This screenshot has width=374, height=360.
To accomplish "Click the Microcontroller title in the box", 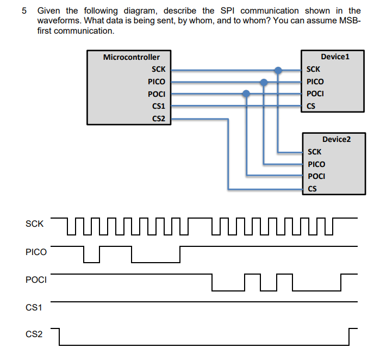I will click(131, 57).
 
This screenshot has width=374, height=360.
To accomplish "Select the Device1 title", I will click(335, 57).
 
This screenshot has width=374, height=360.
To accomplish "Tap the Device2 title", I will click(336, 139).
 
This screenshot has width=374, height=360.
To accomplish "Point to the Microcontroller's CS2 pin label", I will click(159, 119).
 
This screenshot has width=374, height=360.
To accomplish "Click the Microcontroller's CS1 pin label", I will click(159, 106).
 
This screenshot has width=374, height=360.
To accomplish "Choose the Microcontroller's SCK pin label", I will click(159, 70).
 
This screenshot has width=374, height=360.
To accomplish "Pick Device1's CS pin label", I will click(311, 106).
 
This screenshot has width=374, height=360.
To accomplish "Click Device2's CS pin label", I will click(312, 189).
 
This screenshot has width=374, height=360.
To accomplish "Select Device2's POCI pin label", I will click(316, 176).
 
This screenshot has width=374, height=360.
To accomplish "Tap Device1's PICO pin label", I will click(315, 82).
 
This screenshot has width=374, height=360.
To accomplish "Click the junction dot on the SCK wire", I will click(278, 70).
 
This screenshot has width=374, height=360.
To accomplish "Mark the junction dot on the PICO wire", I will click(264, 82).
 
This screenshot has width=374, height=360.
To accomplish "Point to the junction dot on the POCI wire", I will click(246, 94).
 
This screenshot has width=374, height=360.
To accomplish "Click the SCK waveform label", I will click(34, 224).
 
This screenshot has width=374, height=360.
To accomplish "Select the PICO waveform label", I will click(36, 252).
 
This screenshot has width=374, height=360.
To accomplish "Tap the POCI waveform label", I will click(36, 280).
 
